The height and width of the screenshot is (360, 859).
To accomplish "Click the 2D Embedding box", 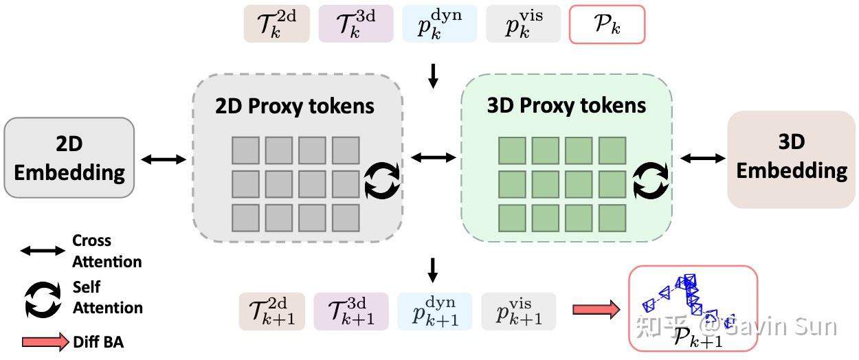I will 69,158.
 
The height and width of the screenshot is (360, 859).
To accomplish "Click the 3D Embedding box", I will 791,158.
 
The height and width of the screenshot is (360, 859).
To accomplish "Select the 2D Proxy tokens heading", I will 295,106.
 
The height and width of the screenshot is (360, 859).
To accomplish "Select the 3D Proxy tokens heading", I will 566,105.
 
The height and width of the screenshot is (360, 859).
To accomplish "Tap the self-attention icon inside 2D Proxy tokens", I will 381,180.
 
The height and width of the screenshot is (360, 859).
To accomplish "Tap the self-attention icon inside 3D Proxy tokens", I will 650,180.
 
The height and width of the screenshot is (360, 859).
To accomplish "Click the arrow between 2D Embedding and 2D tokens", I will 164,159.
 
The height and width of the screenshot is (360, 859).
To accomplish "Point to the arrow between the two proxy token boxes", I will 433,158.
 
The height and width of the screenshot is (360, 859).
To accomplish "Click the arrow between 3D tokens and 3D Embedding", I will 703,159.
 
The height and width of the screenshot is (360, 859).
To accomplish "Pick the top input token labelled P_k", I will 607,25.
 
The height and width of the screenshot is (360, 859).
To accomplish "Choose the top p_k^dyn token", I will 439,25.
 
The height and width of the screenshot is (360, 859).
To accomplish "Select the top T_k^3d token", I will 356,25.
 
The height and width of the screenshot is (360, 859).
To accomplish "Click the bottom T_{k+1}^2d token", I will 272,311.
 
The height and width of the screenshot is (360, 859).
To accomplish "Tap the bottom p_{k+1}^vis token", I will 518,311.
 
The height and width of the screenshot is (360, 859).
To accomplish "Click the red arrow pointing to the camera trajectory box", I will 596,311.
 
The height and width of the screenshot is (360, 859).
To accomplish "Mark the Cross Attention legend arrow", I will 43,251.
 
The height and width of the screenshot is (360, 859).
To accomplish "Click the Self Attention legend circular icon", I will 43,299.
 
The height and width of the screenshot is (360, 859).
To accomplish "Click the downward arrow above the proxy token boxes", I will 432,76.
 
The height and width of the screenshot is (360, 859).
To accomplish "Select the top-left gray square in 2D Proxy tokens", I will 245,150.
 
